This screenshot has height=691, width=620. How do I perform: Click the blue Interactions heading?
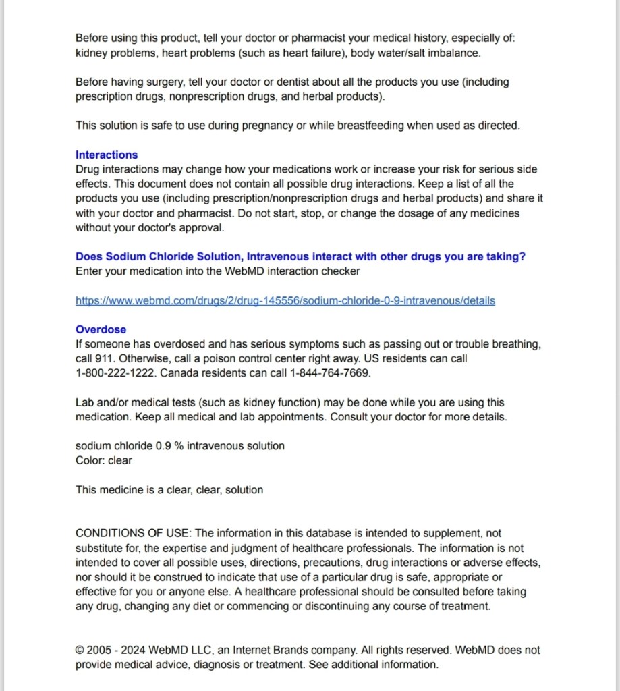tap(107, 155)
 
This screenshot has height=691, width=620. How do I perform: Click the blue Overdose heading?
tap(101, 329)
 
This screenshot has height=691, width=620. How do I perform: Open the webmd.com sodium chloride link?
tap(285, 300)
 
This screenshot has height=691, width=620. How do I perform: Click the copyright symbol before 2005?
tap(80, 651)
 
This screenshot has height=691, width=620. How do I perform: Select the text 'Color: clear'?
tap(104, 460)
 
